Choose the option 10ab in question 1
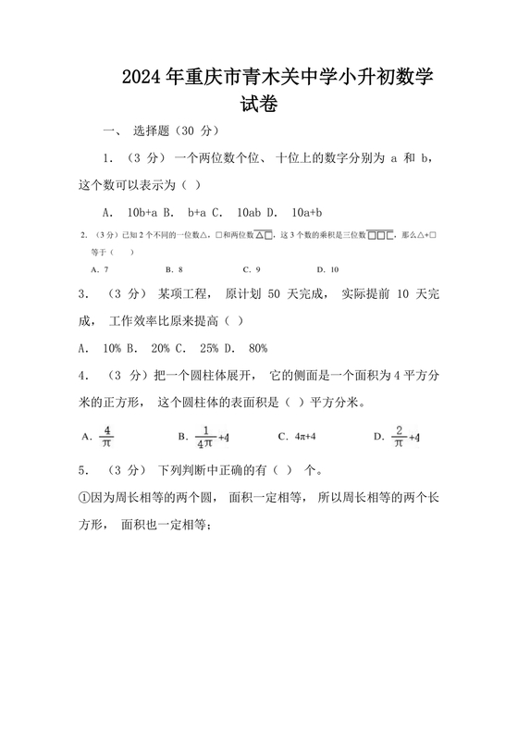[x=252, y=211]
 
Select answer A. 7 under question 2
[x=101, y=269]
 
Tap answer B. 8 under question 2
[x=174, y=269]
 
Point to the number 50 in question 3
[x=275, y=295]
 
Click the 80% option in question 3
[x=257, y=348]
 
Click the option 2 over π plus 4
[x=403, y=436]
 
